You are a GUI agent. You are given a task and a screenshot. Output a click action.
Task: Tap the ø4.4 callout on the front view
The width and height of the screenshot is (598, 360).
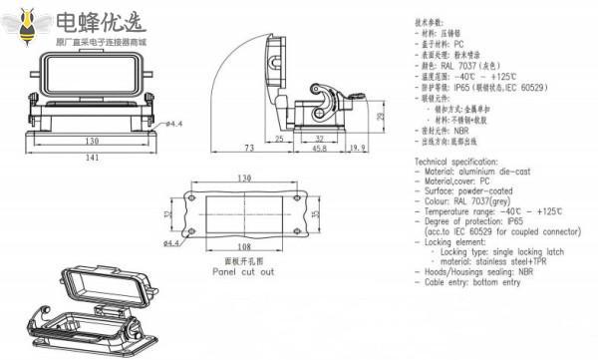click(x=172, y=124)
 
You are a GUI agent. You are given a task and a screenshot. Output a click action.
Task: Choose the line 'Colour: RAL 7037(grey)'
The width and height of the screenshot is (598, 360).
click(x=466, y=200)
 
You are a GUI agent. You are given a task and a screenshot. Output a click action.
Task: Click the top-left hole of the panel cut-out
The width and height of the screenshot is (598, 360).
click(x=193, y=196)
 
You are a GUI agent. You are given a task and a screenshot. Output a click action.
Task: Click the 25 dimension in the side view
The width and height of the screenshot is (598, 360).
click(x=280, y=137)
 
